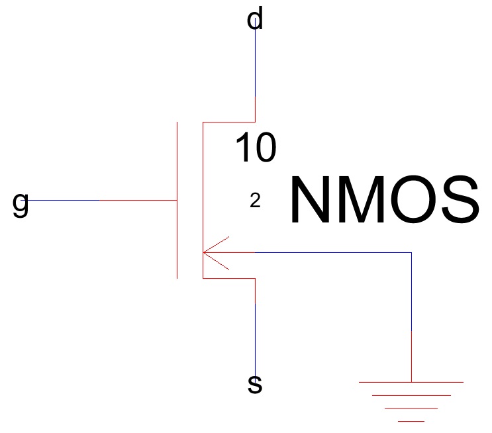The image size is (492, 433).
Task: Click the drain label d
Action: pos(255,20)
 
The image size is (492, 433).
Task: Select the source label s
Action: pos(255,384)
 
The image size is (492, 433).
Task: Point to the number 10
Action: pos(256,148)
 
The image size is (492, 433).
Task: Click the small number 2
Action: pos(255,201)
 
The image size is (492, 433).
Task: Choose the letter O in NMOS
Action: pos(415,200)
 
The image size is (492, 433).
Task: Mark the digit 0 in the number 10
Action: pos(265,148)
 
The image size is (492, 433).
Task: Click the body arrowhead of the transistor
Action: pos(208,252)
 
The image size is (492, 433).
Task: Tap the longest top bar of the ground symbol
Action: pos(411,382)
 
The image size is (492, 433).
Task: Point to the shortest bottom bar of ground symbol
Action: pos(411,420)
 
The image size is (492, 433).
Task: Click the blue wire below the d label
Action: pos(255,66)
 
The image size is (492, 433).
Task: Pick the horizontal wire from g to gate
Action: pos(99,200)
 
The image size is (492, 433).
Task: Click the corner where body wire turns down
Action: pos(411,252)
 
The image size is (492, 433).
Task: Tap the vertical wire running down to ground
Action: pos(411,318)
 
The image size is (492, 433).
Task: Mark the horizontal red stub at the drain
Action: pos(228,122)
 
